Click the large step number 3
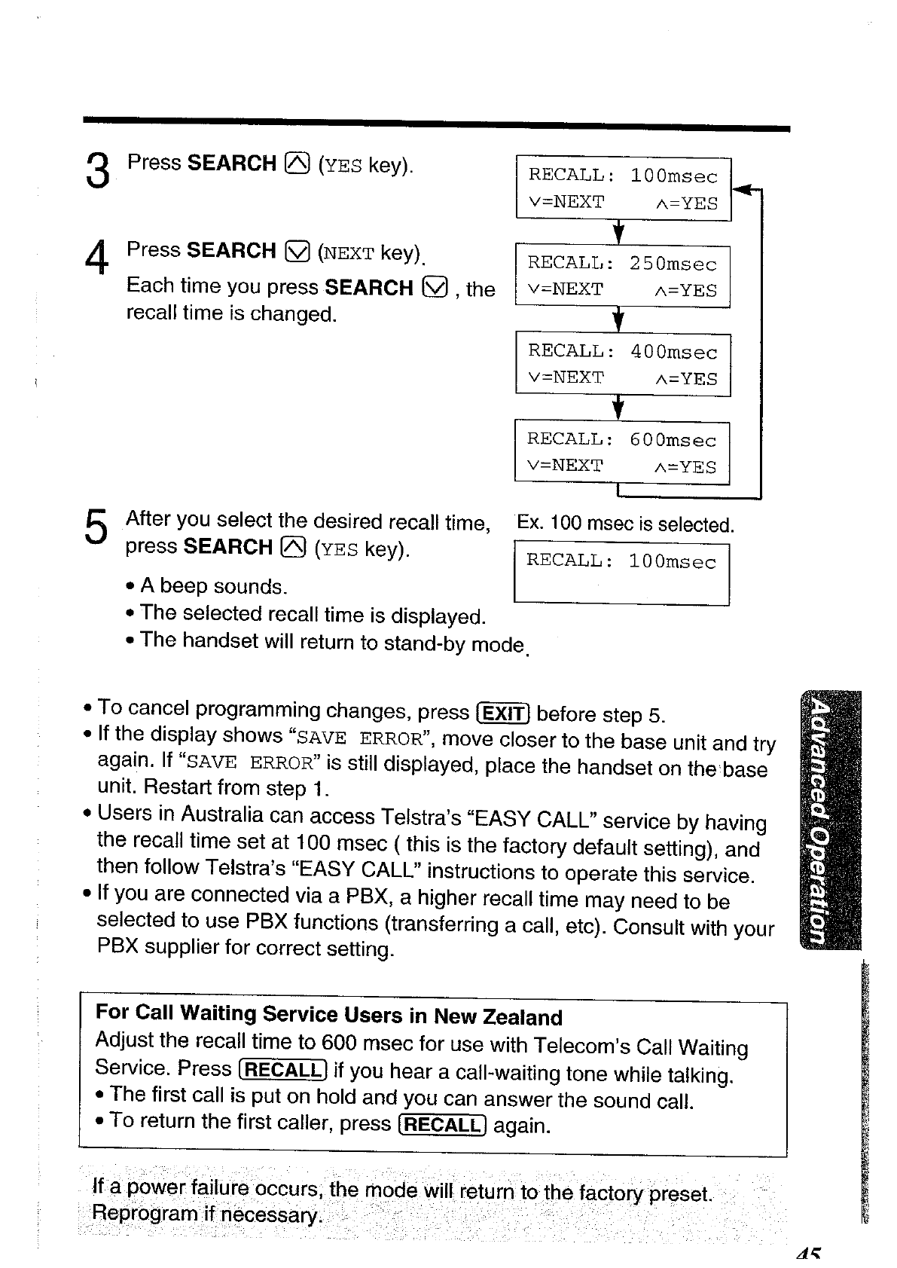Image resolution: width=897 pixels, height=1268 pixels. coord(98,170)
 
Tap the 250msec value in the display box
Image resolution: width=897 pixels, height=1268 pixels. coord(673,264)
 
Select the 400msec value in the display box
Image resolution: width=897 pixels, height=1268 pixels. coord(673,353)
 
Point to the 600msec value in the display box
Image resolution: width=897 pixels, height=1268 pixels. coord(673,440)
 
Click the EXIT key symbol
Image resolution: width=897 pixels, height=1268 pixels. coord(504,713)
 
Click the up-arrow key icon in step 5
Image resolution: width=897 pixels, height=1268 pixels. coord(294,548)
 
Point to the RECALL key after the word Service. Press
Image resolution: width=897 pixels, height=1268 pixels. coord(282,1070)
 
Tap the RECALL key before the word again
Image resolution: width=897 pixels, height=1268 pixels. coord(442,1125)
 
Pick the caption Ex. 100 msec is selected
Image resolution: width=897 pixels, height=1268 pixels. coord(624,524)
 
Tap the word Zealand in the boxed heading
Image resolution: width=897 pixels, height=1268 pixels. coord(523,1017)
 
